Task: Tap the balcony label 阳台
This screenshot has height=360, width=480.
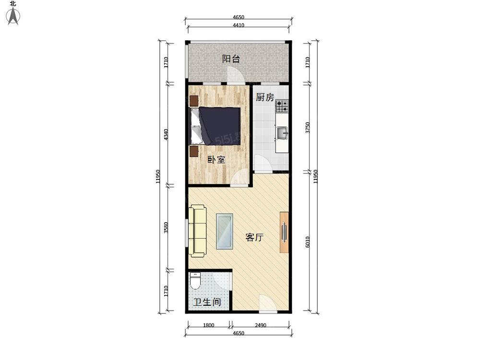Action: (x=231, y=59)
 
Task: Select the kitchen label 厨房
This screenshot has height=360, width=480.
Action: (x=265, y=97)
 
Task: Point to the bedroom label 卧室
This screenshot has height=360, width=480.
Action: (x=216, y=159)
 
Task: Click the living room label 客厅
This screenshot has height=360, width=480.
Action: (x=254, y=237)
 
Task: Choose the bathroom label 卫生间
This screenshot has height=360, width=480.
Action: (x=207, y=302)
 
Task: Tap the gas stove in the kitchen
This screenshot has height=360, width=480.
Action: (x=282, y=106)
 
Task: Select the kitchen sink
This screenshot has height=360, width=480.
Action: (x=282, y=133)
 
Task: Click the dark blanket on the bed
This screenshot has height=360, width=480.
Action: (x=220, y=125)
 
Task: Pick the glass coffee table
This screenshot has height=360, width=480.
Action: (x=224, y=231)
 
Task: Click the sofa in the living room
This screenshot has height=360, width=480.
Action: (x=197, y=231)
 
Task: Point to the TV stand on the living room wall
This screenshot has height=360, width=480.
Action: (x=284, y=232)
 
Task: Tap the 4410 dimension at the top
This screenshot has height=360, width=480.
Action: (x=239, y=25)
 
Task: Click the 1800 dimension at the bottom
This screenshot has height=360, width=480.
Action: (x=208, y=325)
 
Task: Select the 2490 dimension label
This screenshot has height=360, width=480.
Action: (x=261, y=325)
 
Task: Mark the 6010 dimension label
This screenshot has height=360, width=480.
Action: (x=308, y=242)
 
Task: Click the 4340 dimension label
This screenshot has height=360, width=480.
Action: (x=166, y=135)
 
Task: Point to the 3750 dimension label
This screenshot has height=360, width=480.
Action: (x=308, y=127)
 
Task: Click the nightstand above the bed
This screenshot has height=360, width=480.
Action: (x=194, y=100)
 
